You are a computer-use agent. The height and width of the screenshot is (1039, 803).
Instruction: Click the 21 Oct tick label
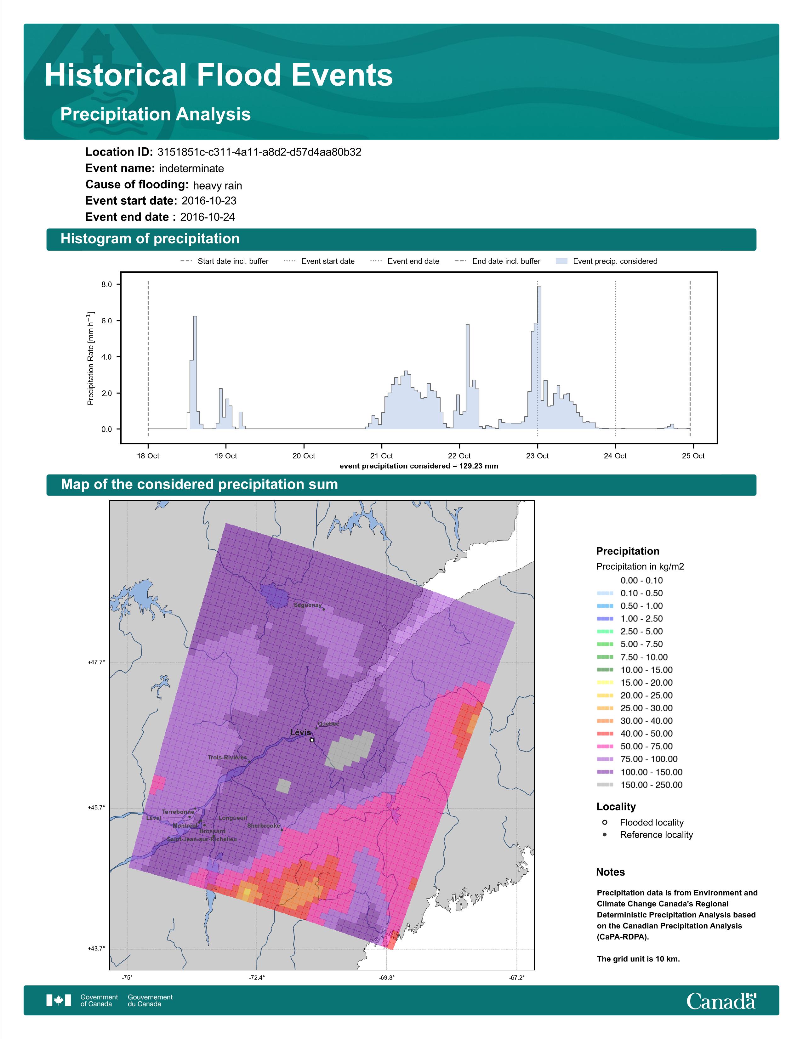(382, 456)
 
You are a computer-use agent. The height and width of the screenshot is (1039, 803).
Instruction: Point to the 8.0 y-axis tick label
(106, 285)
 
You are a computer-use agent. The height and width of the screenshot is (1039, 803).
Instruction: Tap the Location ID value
(259, 152)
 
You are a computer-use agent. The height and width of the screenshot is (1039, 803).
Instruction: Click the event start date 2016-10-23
(209, 201)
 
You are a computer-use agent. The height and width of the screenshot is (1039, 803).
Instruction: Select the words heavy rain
(217, 185)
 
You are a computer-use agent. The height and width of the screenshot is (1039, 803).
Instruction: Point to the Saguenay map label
(308, 605)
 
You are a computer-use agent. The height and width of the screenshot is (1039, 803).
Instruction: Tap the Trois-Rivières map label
(227, 757)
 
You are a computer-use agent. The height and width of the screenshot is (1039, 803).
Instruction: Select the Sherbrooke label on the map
(264, 826)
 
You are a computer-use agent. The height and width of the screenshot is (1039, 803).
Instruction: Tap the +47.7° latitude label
(96, 662)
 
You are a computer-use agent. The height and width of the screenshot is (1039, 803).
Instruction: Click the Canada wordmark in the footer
(721, 1001)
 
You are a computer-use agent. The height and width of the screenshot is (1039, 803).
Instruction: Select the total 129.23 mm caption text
(419, 466)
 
